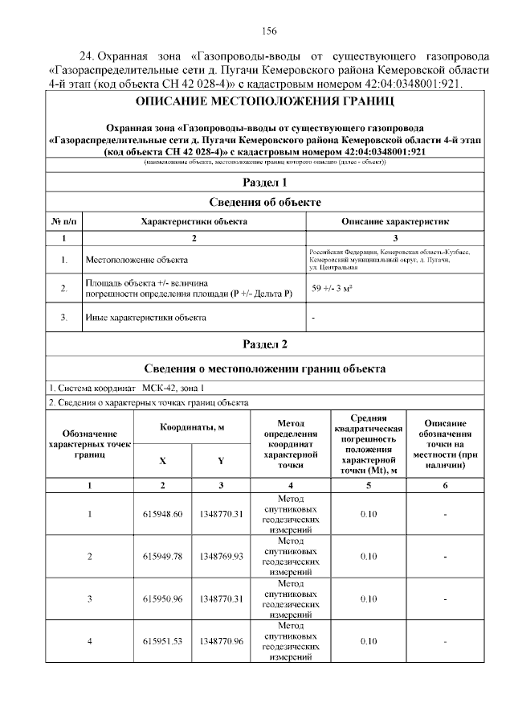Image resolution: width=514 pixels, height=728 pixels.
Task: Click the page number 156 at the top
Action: point(269,31)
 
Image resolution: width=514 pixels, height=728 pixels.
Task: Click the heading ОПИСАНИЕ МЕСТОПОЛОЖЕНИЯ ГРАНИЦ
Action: point(265,102)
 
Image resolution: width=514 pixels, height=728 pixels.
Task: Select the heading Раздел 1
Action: point(265,182)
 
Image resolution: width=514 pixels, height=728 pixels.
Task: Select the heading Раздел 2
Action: point(265,344)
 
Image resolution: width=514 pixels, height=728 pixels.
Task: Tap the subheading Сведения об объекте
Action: point(265,202)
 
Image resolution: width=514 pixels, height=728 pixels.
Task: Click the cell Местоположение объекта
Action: point(137,260)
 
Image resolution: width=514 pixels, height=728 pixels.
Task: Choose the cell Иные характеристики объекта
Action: point(145,317)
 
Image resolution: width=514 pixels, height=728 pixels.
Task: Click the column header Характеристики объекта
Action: point(194,220)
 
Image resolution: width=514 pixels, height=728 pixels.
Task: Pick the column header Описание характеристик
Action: point(395,220)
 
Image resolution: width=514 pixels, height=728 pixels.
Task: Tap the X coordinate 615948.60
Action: point(163,514)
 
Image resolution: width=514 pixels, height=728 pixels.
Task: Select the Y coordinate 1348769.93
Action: point(222,557)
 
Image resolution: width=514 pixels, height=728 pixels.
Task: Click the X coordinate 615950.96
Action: point(163,598)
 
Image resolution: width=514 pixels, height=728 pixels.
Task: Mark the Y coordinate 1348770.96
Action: point(222,641)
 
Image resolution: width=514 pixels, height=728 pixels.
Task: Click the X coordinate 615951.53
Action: point(163,641)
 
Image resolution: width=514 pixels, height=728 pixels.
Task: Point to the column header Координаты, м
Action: point(192,426)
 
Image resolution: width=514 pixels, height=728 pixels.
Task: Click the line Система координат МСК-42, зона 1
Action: point(120,387)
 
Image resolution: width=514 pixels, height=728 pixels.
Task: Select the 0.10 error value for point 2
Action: point(369,557)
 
